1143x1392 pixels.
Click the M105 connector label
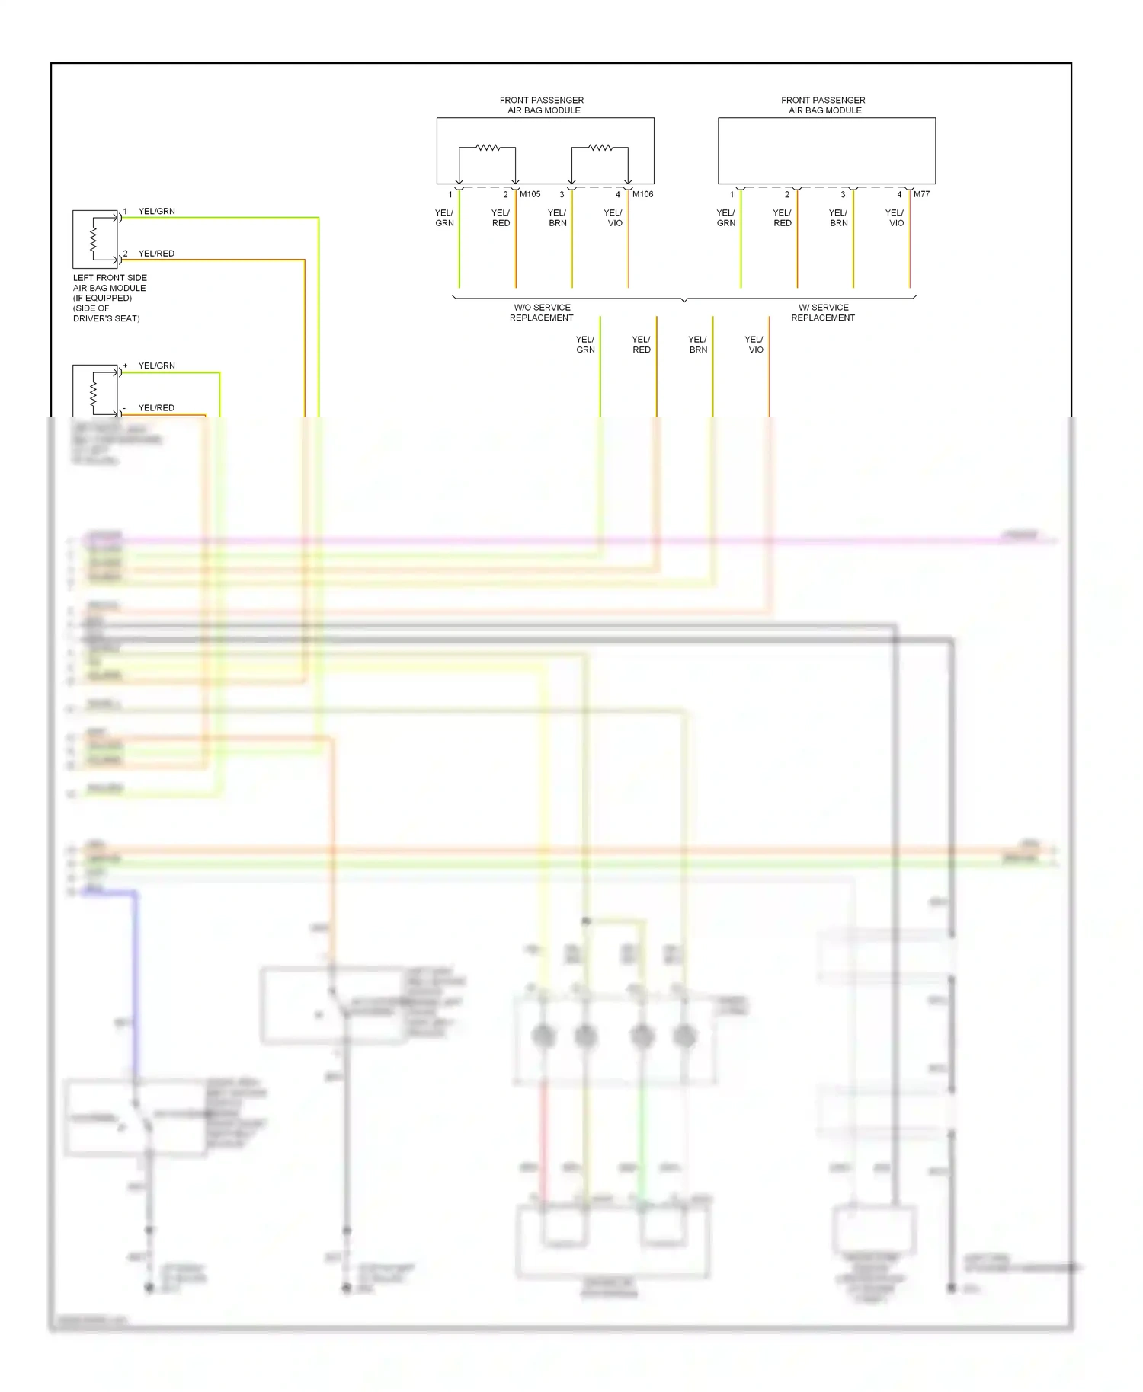[x=530, y=194]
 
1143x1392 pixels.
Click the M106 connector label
[x=642, y=194]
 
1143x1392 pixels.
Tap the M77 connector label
[x=921, y=194]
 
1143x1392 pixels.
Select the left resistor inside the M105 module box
[x=488, y=148]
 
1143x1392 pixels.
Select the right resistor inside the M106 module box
[x=600, y=148]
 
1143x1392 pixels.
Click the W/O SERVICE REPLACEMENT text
[x=542, y=313]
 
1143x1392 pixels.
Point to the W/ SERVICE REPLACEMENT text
[x=823, y=313]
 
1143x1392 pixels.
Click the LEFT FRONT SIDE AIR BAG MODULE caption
[x=109, y=298]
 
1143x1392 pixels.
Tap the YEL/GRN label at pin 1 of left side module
[x=156, y=212]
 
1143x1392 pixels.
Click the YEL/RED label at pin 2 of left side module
[x=156, y=254]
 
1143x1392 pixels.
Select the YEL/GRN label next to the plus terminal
[x=156, y=366]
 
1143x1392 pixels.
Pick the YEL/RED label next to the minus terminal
[x=156, y=408]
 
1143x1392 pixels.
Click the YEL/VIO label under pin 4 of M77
[x=895, y=219]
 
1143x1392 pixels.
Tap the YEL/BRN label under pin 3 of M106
[x=557, y=219]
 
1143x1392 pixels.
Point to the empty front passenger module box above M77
[x=827, y=151]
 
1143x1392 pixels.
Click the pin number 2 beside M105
[x=505, y=195]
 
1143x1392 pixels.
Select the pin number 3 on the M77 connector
[x=843, y=195]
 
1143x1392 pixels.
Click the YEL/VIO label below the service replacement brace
[x=754, y=345]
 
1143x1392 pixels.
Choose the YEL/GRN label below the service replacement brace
[x=585, y=345]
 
